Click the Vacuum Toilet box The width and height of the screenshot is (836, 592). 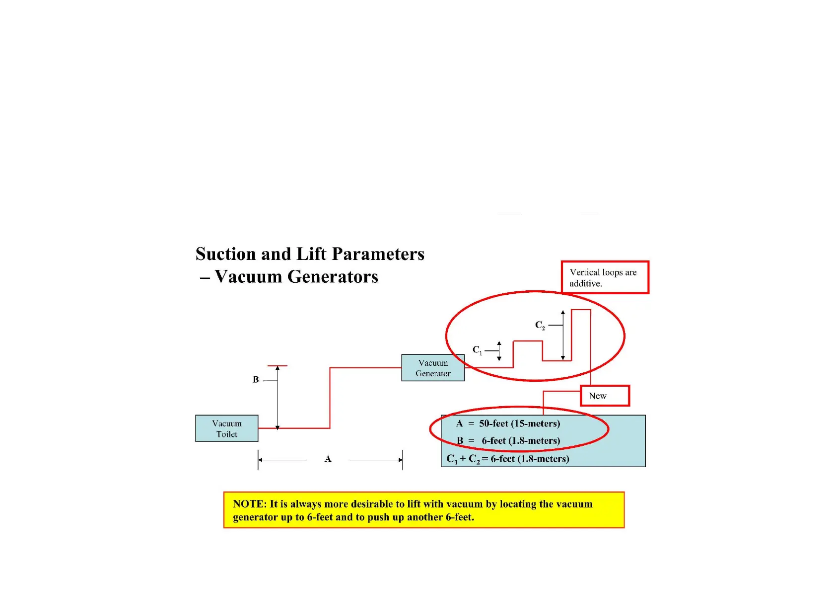coord(227,428)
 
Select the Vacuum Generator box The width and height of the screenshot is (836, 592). coord(433,368)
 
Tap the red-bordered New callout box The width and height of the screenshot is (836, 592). coord(605,396)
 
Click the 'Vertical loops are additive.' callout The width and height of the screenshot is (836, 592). coord(605,277)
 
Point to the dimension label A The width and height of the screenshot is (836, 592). coord(328,459)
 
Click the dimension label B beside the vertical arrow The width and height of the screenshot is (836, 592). coord(256,380)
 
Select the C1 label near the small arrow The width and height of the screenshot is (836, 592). coord(477,350)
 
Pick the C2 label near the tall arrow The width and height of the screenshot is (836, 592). coord(540,325)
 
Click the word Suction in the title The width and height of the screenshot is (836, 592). coord(226,254)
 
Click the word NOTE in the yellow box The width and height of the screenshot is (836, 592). coord(249,504)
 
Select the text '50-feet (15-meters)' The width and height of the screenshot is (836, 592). coord(519,423)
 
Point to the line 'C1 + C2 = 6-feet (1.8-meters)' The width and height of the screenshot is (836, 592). coord(508,459)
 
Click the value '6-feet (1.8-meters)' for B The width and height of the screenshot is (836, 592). coord(521,441)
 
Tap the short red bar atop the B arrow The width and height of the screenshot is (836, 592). coord(278,366)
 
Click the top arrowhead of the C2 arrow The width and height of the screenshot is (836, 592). coord(563,313)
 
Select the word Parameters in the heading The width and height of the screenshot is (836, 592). coord(378,254)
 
